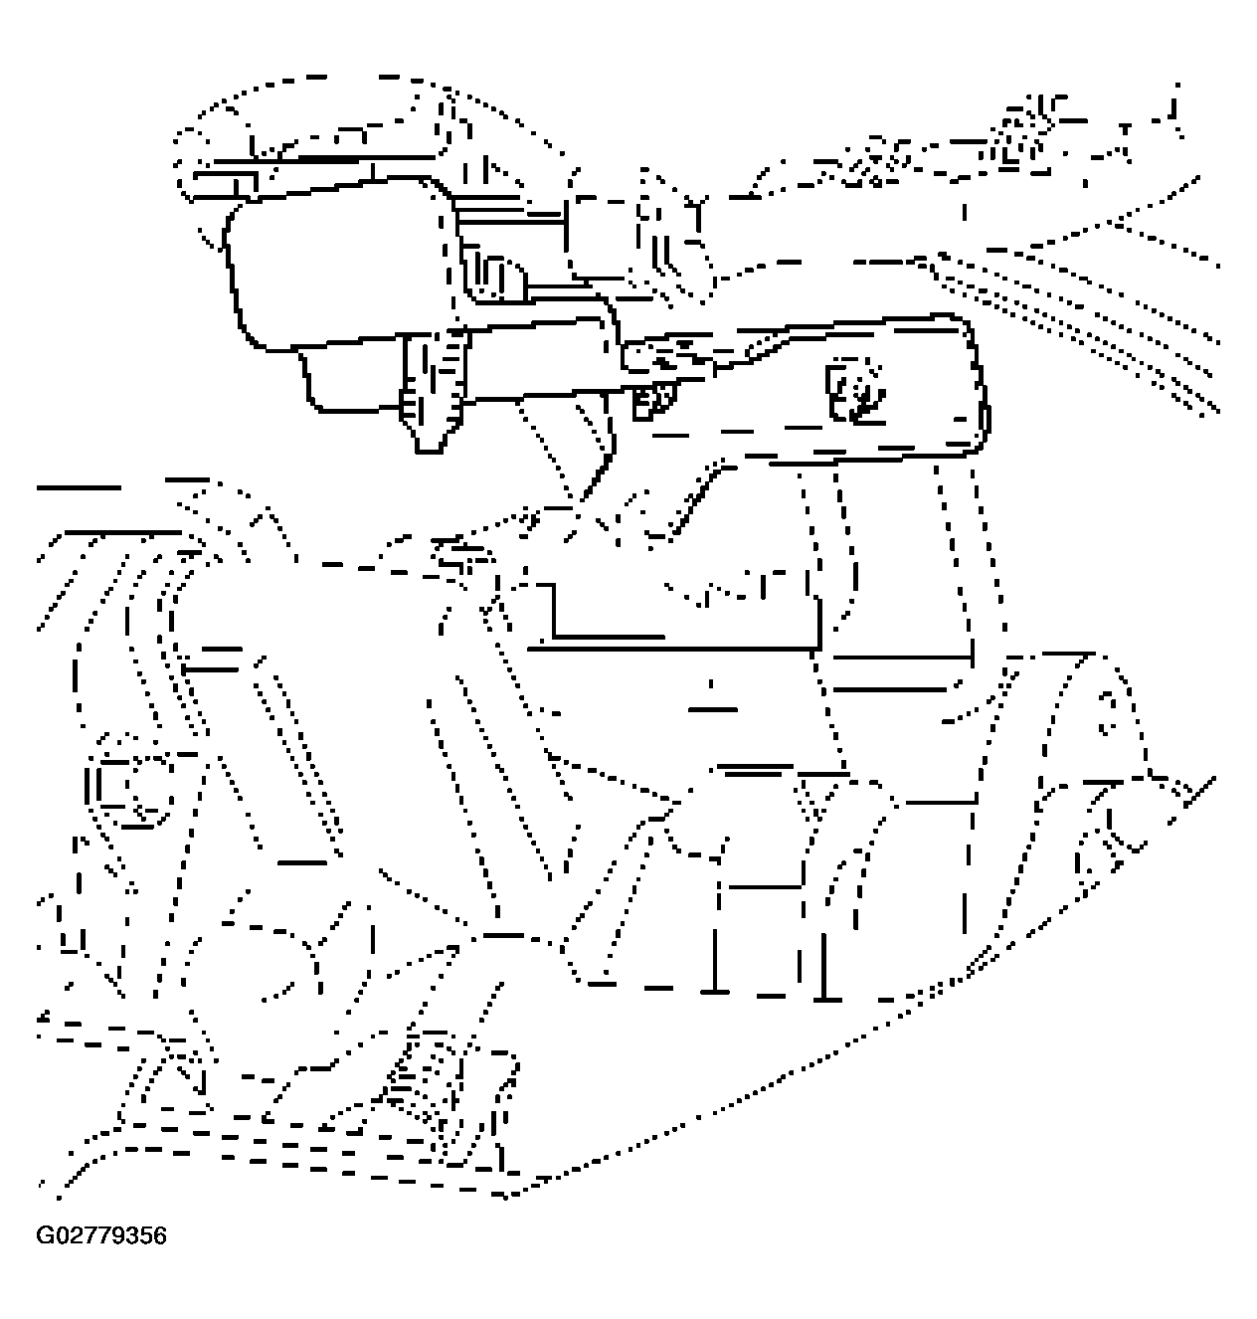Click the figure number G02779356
pos(100,1235)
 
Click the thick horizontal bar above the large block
pos(323,159)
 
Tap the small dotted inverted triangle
pos(816,799)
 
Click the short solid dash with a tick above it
pos(712,704)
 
